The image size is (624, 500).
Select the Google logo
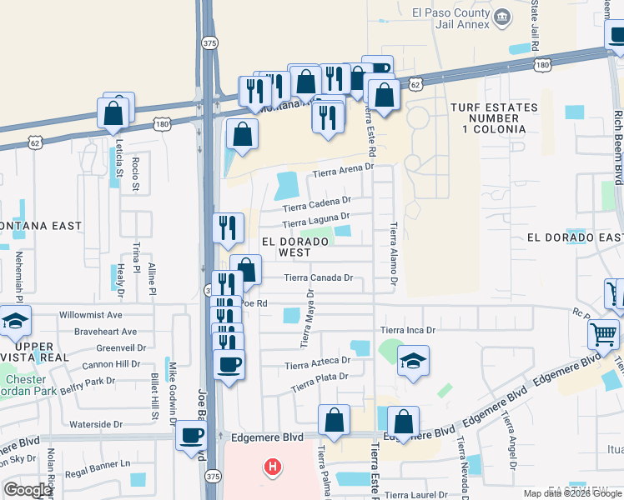pyautogui.click(x=28, y=490)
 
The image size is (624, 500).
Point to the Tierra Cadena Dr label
pyautogui.click(x=316, y=202)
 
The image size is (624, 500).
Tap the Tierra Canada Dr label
pyautogui.click(x=319, y=277)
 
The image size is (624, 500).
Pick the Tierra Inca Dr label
pyautogui.click(x=408, y=331)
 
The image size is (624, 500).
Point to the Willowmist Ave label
pyautogui.click(x=91, y=316)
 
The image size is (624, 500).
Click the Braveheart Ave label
pyautogui.click(x=105, y=332)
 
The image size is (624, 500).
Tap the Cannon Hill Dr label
pyautogui.click(x=111, y=364)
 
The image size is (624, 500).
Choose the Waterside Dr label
pyautogui.click(x=96, y=424)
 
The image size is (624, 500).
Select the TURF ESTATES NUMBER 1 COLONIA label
pyautogui.click(x=488, y=118)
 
